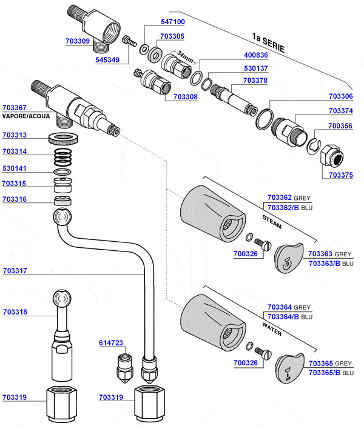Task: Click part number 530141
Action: point(16,170)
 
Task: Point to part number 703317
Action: point(16,271)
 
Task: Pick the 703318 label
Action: point(16,312)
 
